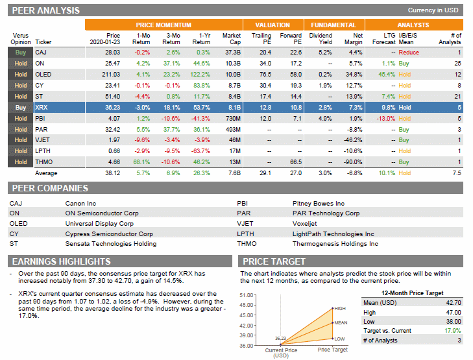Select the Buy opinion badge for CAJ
point(21,52)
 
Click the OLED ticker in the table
point(43,74)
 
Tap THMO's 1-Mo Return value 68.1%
point(141,162)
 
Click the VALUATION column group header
point(273,25)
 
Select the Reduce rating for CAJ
point(409,52)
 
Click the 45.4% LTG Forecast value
point(385,74)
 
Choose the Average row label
point(46,173)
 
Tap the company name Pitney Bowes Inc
point(319,203)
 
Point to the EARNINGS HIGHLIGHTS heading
point(62,261)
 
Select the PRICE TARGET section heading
point(274,261)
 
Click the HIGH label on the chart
point(340,308)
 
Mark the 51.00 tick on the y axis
point(247,296)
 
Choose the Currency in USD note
point(433,10)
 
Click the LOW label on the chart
point(339,339)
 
